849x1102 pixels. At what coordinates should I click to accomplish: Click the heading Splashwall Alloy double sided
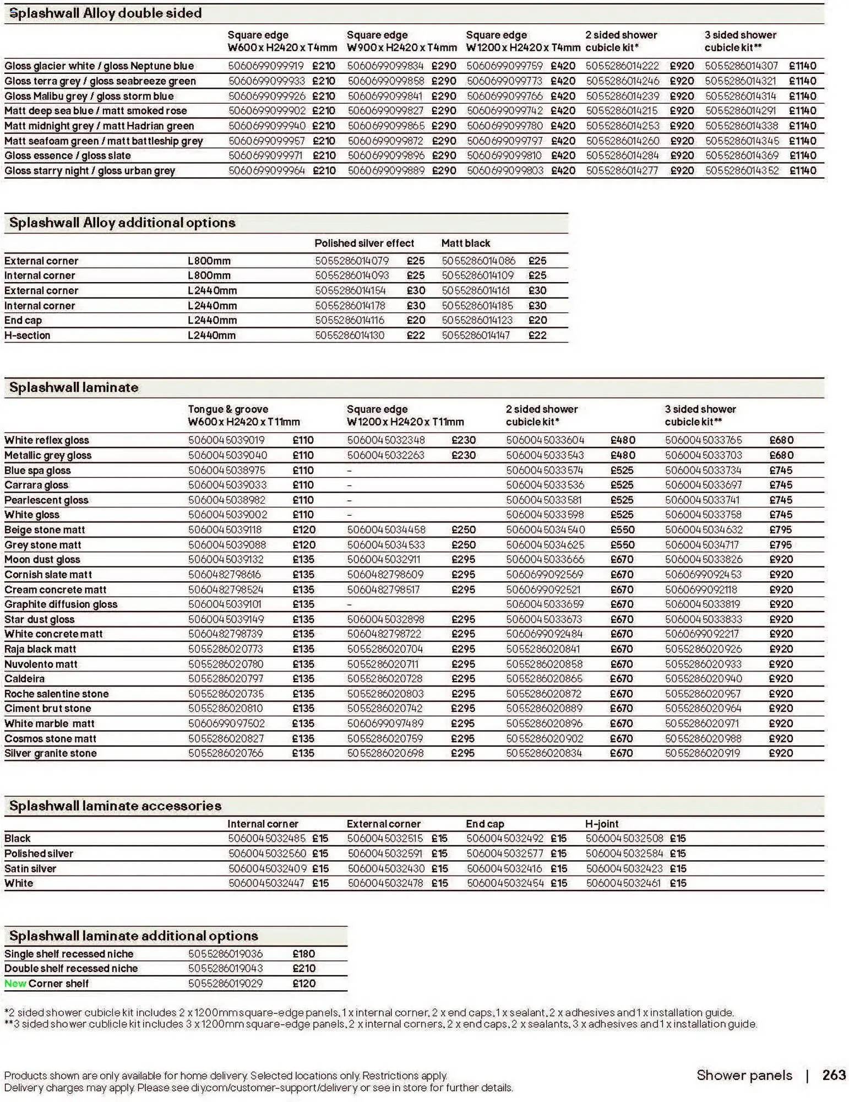(x=106, y=13)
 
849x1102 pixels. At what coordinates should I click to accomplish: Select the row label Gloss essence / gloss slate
(x=67, y=156)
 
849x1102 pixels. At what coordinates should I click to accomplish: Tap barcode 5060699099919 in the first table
(x=266, y=66)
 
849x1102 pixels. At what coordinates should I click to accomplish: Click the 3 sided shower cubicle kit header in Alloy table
(x=740, y=41)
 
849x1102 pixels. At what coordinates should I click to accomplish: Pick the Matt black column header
(x=465, y=244)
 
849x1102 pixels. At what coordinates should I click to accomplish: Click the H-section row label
(x=28, y=336)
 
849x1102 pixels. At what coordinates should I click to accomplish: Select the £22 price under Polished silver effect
(x=416, y=336)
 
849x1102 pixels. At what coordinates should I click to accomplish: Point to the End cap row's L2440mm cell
(x=212, y=321)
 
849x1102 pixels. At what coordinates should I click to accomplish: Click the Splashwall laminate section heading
(x=74, y=388)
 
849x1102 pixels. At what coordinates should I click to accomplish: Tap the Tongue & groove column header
(x=228, y=409)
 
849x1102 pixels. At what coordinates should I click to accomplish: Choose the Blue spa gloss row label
(x=37, y=471)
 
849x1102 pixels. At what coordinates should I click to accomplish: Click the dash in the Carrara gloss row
(x=349, y=485)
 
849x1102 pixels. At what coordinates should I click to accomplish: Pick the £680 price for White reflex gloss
(x=781, y=440)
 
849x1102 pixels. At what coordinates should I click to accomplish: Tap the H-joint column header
(x=601, y=824)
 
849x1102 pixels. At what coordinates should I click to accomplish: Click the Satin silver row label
(x=30, y=869)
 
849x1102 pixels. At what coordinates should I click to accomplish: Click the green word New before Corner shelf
(x=15, y=984)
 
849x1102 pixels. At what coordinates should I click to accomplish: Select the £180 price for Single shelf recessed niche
(x=303, y=954)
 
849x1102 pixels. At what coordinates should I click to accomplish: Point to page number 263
(x=834, y=1075)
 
